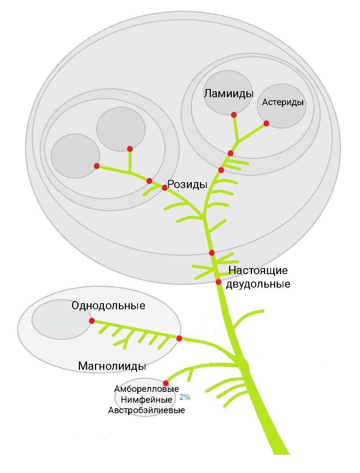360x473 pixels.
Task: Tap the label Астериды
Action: coord(283,102)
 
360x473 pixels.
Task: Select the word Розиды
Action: coord(187,184)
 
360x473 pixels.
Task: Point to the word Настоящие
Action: coord(258,270)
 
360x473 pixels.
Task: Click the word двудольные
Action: coord(258,284)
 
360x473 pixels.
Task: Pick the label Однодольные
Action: coord(108,306)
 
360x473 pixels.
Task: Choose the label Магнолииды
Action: coord(112,366)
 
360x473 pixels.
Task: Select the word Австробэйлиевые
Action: coord(147,410)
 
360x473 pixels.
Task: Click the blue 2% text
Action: coord(185,397)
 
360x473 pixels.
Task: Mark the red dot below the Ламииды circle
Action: coord(234,115)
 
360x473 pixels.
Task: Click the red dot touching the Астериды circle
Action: coord(266,123)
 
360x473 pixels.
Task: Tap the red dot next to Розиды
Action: coord(164,188)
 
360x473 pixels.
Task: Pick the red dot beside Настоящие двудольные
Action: coord(219,282)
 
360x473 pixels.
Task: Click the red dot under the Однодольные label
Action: coord(92,321)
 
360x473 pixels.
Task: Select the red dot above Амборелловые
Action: coord(166,383)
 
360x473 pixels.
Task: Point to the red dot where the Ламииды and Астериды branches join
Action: coord(230,153)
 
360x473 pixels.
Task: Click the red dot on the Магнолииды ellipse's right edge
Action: coord(179,338)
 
